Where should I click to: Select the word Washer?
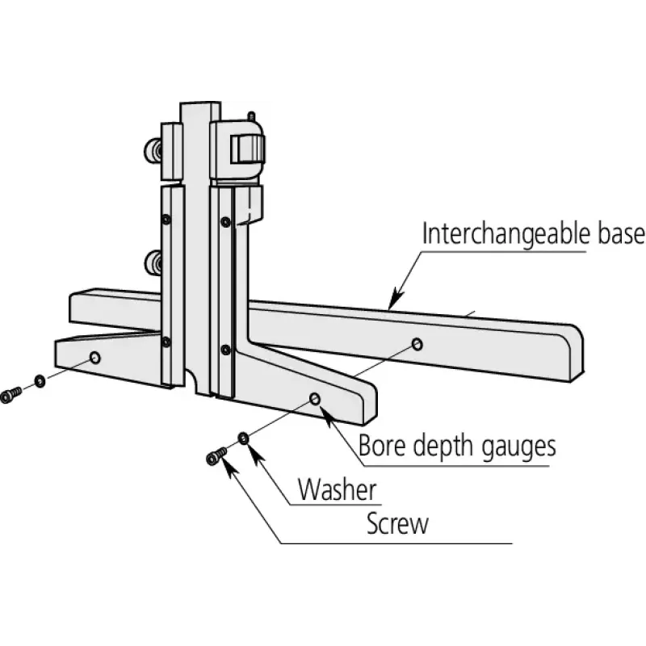pos(337,490)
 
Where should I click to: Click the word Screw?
pos(397,523)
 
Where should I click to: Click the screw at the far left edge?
pos(10,395)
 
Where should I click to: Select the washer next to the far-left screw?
pos(40,381)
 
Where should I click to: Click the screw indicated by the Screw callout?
pos(216,456)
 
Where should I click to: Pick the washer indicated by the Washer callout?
pos(244,438)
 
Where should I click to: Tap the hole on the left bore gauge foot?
pos(95,358)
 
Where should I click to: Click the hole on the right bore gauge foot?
pos(315,399)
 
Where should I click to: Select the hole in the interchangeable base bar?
pos(417,345)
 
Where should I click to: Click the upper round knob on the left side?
pos(153,151)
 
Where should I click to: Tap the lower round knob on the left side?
pos(153,262)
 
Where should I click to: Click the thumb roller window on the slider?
pos(246,149)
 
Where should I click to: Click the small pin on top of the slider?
pos(251,115)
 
